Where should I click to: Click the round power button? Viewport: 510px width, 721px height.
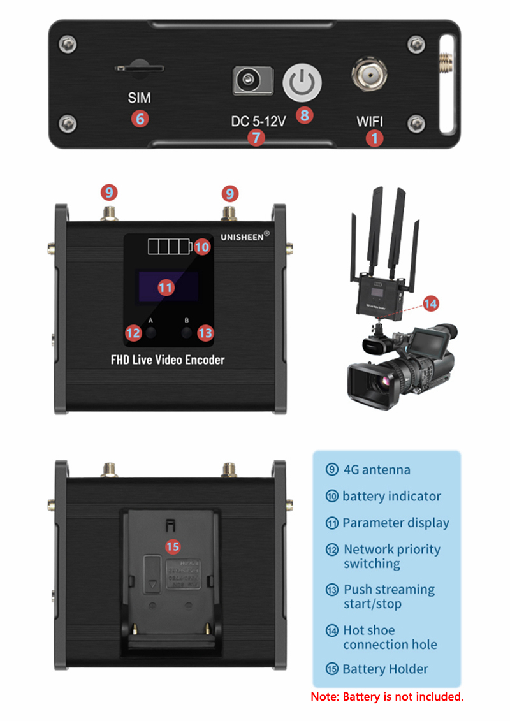pyautogui.click(x=302, y=82)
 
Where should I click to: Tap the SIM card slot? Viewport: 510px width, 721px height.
pyautogui.click(x=139, y=67)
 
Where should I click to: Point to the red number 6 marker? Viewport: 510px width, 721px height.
pyautogui.click(x=140, y=119)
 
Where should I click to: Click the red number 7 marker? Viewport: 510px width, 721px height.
pyautogui.click(x=256, y=136)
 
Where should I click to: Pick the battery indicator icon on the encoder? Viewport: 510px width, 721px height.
pyautogui.click(x=169, y=246)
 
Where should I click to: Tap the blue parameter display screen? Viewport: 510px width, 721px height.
pyautogui.click(x=166, y=287)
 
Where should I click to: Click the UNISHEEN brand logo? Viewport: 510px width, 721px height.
pyautogui.click(x=245, y=235)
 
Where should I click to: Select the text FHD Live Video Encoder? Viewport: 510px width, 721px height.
pyautogui.click(x=168, y=360)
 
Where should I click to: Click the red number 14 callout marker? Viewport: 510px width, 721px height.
pyautogui.click(x=430, y=303)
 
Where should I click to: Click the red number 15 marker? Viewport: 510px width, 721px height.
pyautogui.click(x=173, y=546)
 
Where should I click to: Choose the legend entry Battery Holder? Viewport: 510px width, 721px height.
pyautogui.click(x=384, y=669)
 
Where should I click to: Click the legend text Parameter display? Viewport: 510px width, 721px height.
pyautogui.click(x=395, y=523)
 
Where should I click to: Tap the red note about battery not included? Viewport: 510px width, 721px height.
pyautogui.click(x=387, y=697)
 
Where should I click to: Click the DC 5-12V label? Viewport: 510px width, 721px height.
pyautogui.click(x=258, y=120)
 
